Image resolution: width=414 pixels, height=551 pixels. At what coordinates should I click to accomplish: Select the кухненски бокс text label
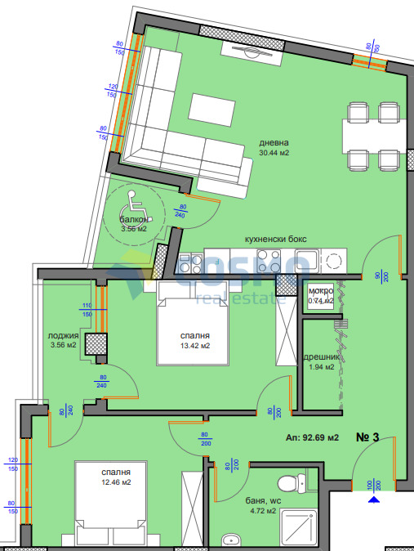pyautogui.click(x=276, y=240)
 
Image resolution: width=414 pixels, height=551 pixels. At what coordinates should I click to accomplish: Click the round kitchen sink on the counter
pyautogui.click(x=335, y=262)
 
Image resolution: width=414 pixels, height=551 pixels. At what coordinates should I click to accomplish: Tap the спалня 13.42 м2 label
pyautogui.click(x=195, y=340)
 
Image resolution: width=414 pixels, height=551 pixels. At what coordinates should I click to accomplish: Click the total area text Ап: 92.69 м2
pyautogui.click(x=313, y=437)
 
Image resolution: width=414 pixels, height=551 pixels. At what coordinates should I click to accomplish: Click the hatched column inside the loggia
pyautogui.click(x=96, y=345)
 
